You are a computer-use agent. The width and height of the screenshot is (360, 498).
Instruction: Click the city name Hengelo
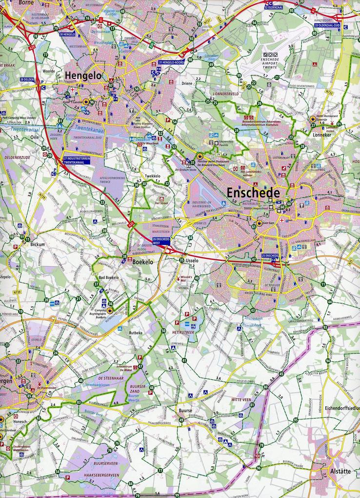pos(81,76)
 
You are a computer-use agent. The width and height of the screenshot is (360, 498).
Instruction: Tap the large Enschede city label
pos(253,193)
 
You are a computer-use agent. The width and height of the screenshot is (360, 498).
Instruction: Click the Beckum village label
pos(38,244)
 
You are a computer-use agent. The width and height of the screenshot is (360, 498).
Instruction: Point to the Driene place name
pos(188,83)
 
